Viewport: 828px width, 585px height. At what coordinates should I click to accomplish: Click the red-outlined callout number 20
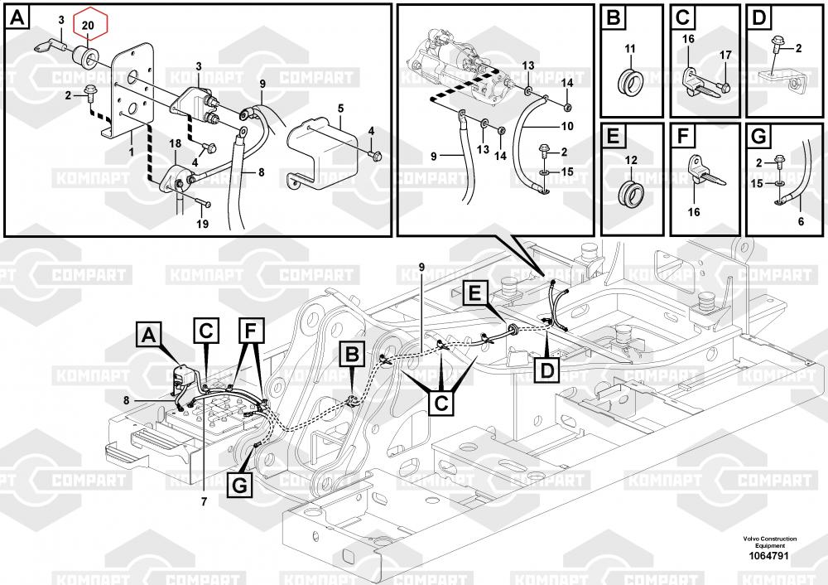pos(89,25)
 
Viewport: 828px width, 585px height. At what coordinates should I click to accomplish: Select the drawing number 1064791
pos(768,556)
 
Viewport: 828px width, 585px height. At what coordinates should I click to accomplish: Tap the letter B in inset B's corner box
pos(614,17)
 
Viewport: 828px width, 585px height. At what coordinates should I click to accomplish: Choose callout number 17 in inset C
pos(725,55)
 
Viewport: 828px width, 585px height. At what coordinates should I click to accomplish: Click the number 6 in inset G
pos(801,221)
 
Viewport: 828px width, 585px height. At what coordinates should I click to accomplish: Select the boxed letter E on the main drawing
pos(475,292)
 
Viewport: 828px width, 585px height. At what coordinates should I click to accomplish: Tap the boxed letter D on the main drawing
pos(547,370)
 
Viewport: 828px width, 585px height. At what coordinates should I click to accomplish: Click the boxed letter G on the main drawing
pos(240,485)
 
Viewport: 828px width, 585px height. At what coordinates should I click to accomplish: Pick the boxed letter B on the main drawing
pos(352,354)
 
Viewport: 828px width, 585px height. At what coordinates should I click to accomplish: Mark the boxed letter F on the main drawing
pos(251,331)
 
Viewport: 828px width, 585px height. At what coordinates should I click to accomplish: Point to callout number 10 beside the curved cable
pos(566,126)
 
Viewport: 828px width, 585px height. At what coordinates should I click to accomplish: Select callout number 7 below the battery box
pos(204,501)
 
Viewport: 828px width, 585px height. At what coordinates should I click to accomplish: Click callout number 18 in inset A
pos(175,143)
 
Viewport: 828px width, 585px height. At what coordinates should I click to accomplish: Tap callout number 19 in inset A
pos(202,224)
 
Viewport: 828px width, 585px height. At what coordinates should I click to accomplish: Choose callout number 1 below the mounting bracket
pos(132,152)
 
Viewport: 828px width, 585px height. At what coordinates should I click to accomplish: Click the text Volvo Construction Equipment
pos(769,542)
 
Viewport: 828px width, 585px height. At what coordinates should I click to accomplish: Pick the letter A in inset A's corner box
pos(17,18)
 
